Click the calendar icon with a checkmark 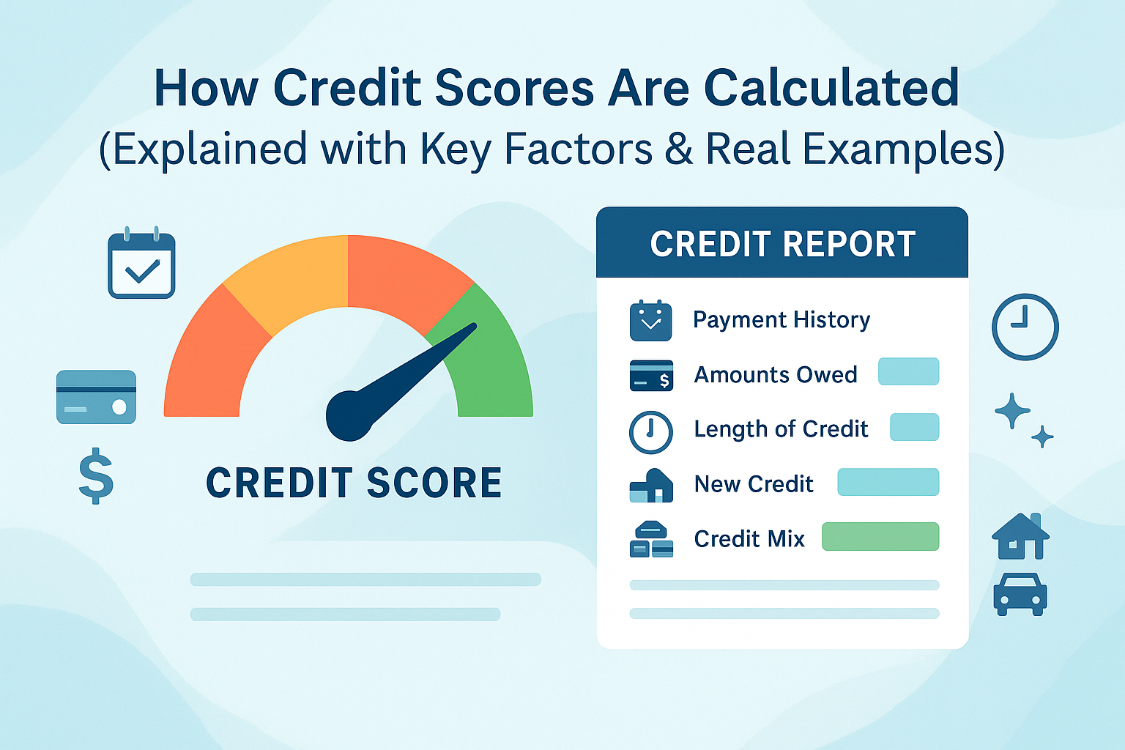pos(141,264)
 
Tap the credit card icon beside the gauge pos(96,397)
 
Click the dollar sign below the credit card pos(96,476)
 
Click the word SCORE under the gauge pos(434,483)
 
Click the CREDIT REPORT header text pos(782,245)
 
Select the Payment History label pos(781,320)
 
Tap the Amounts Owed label pos(776,375)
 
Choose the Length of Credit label pos(781,429)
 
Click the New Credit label pos(754,484)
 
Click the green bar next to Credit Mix pos(880,537)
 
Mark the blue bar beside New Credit pos(888,482)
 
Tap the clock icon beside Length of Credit pos(650,432)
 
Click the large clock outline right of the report pos(1025,327)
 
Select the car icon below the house pos(1020,593)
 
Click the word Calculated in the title pos(831,89)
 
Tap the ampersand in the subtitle pos(679,149)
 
